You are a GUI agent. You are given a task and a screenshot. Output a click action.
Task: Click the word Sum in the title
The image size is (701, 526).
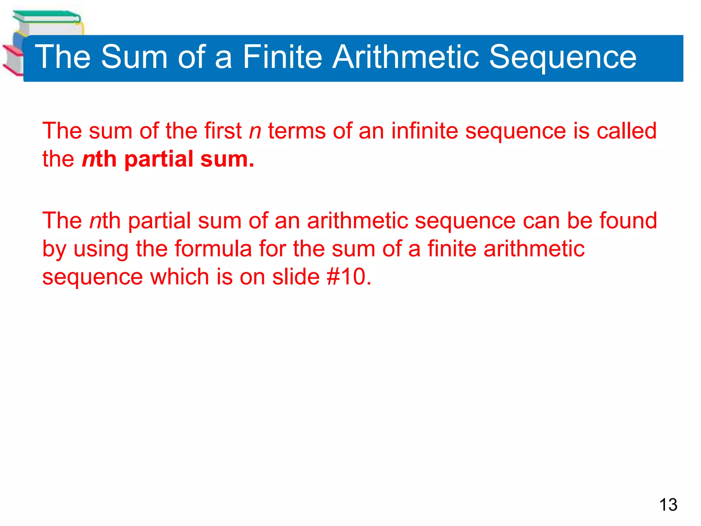(134, 57)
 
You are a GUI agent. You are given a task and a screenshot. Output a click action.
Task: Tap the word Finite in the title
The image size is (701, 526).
(282, 57)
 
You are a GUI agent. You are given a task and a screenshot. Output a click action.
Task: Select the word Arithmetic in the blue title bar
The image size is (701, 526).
(406, 57)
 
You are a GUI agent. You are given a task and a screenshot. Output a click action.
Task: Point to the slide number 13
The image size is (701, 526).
(668, 505)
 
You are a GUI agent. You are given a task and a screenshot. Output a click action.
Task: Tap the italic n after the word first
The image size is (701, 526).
(255, 131)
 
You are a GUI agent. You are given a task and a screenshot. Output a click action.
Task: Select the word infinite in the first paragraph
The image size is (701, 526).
(424, 131)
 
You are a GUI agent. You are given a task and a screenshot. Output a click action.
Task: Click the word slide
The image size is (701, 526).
(296, 277)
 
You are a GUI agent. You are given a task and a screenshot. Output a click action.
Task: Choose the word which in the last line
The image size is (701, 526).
(180, 277)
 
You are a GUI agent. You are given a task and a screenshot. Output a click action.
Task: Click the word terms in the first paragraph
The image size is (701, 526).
(296, 131)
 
